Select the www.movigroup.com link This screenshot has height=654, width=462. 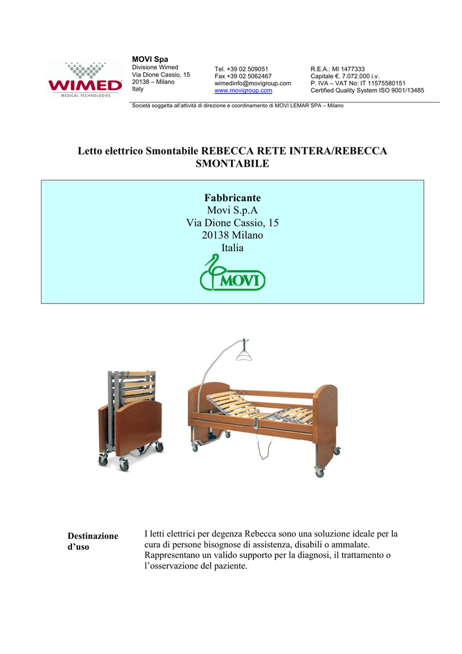click(x=243, y=91)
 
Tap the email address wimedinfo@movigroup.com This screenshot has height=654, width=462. click(x=253, y=83)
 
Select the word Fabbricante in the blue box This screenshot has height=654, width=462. click(x=232, y=198)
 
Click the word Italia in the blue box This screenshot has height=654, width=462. click(x=232, y=247)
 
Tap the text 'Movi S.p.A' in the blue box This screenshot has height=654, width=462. click(x=232, y=211)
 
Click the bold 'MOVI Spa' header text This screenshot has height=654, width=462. click(x=146, y=59)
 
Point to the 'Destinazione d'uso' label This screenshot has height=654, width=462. click(x=93, y=542)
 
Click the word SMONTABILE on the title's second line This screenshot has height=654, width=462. click(x=232, y=164)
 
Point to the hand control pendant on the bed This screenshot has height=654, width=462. click(x=257, y=424)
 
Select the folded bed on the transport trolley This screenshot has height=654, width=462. click(x=130, y=415)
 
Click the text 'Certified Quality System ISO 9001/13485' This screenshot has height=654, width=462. click(x=367, y=91)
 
